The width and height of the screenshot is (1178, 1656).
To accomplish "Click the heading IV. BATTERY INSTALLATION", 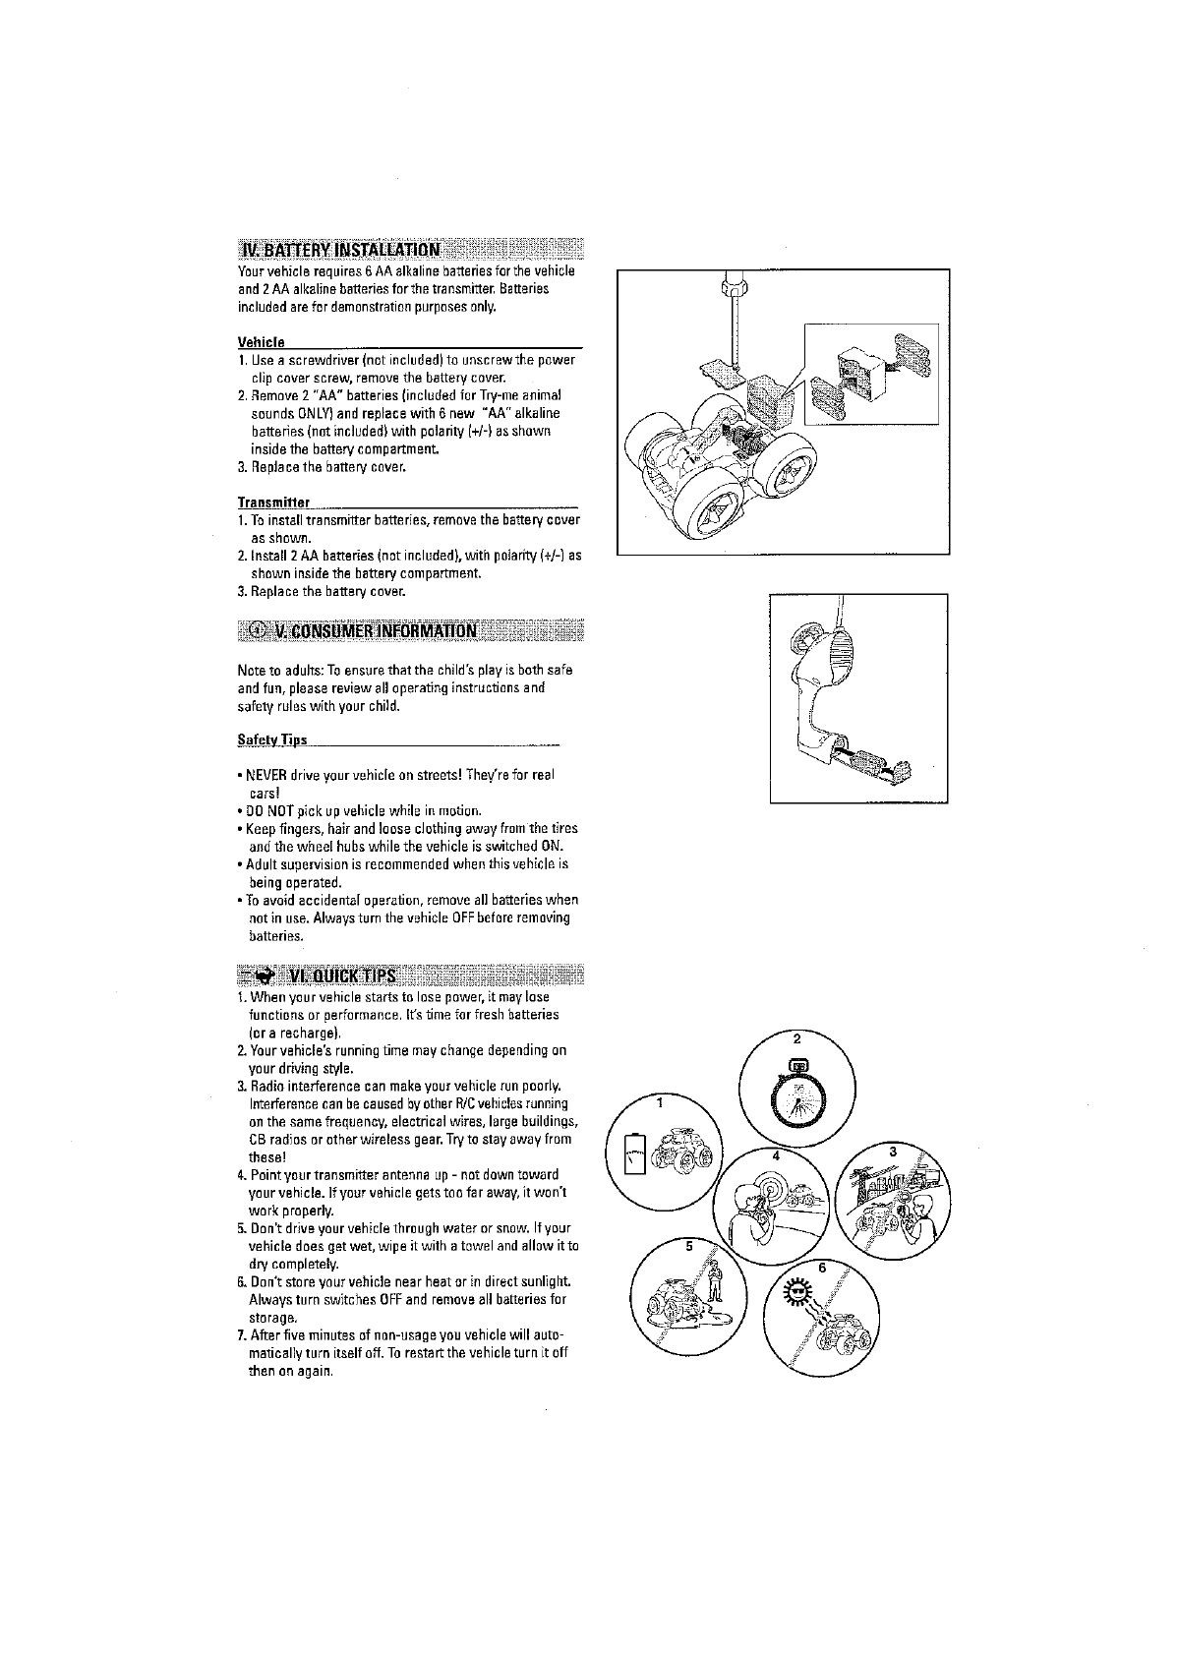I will pos(337,250).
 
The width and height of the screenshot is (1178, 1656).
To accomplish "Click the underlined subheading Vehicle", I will pos(262,342).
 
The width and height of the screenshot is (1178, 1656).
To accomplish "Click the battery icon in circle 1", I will pos(636,1153).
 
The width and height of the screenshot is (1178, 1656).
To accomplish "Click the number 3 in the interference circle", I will pos(893,1151).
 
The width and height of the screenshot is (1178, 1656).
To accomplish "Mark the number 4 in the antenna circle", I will pos(775,1156).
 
